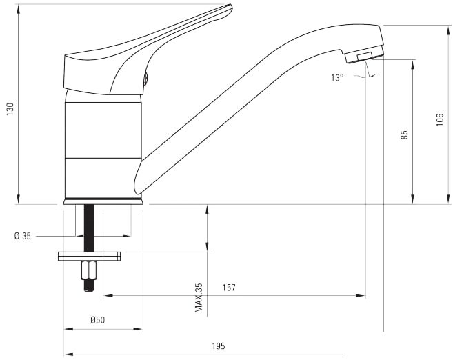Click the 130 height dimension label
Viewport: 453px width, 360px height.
(x=10, y=109)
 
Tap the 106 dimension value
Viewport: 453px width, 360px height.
(x=439, y=119)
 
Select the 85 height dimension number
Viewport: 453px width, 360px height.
(x=405, y=134)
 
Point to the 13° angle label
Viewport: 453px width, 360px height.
(x=337, y=77)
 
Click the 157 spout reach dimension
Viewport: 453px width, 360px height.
(x=229, y=288)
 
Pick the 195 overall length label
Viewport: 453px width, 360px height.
(x=218, y=346)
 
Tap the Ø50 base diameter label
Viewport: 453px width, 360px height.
(x=98, y=320)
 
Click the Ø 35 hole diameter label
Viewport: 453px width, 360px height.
(x=23, y=236)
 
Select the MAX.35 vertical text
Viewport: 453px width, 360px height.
(x=199, y=298)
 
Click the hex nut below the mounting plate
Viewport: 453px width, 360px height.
(x=89, y=270)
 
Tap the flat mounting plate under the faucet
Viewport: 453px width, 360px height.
(x=89, y=257)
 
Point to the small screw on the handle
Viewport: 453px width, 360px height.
(x=145, y=79)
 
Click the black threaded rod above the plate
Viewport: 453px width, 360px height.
(x=89, y=228)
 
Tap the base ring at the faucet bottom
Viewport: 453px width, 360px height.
(x=103, y=201)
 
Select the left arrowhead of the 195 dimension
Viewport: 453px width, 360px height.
(x=68, y=354)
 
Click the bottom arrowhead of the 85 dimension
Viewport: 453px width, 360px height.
(x=412, y=199)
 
